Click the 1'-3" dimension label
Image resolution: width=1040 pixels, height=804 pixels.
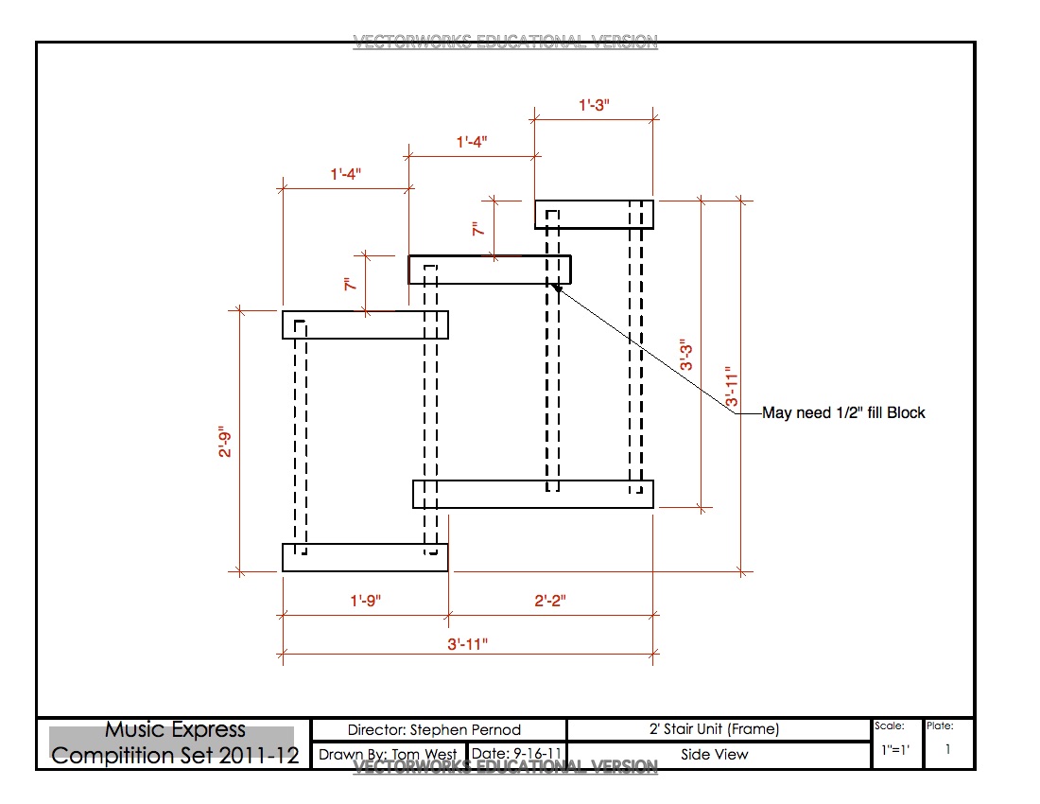pos(594,106)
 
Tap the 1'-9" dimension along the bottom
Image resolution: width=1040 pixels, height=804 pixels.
pos(366,601)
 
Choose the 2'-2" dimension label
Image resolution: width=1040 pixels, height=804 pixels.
pos(550,601)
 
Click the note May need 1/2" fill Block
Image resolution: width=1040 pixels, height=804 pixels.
pos(843,413)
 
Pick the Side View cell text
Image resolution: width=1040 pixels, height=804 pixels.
pos(715,755)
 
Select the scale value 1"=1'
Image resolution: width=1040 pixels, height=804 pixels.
pos(894,749)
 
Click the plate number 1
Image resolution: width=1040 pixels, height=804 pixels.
pos(948,749)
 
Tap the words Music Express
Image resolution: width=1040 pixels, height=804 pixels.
pos(175,730)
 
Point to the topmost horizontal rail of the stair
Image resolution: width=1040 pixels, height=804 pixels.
pos(594,215)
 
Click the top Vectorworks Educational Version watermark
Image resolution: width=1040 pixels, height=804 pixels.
pos(505,42)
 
